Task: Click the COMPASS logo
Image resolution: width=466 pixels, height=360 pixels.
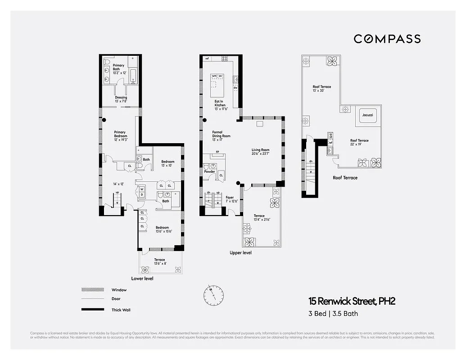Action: pyautogui.click(x=387, y=39)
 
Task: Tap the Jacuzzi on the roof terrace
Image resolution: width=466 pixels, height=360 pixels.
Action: pyautogui.click(x=367, y=115)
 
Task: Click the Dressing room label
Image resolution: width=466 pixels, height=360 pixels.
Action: pyautogui.click(x=121, y=99)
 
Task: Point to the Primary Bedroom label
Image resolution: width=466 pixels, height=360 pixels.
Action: pyautogui.click(x=121, y=134)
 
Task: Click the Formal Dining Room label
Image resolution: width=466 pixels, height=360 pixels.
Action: pyautogui.click(x=221, y=136)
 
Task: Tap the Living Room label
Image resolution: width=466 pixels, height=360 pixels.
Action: pyautogui.click(x=260, y=152)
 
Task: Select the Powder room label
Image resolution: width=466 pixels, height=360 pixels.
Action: pyautogui.click(x=209, y=171)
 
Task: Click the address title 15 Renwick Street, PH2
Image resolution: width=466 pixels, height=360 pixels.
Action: pyautogui.click(x=352, y=301)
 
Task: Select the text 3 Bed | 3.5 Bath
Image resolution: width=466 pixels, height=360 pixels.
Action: pyautogui.click(x=333, y=314)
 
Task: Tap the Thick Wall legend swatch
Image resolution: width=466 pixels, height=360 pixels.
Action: pyautogui.click(x=90, y=310)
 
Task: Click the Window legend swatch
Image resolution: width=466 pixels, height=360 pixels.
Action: pyautogui.click(x=90, y=290)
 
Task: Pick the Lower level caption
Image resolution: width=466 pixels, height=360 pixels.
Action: pyautogui.click(x=142, y=279)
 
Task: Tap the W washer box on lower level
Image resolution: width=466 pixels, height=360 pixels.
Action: pyautogui.click(x=142, y=189)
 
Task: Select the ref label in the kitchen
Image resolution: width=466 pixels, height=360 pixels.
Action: pyautogui.click(x=207, y=58)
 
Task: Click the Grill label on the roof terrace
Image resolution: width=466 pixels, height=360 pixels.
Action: pyautogui.click(x=330, y=135)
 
